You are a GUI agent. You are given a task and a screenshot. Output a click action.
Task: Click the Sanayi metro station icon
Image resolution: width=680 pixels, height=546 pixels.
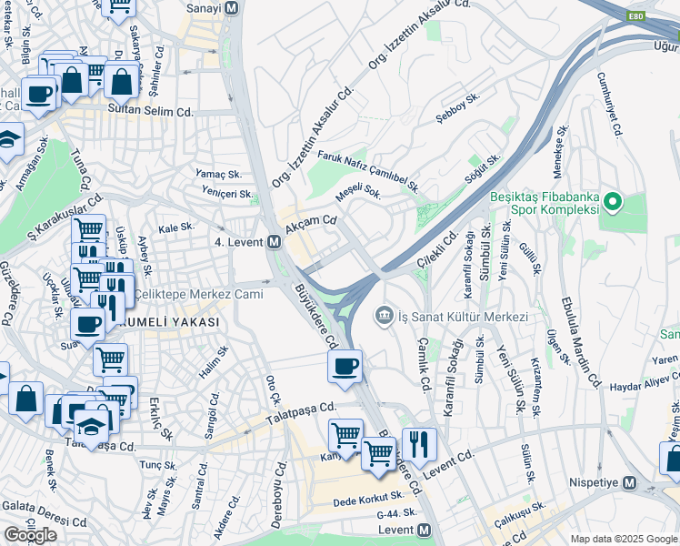232,8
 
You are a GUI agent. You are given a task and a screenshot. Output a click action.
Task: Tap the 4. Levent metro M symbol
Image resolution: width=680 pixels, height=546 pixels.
274,242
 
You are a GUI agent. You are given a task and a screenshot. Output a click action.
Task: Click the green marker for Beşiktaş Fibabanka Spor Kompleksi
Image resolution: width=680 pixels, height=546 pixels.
614,201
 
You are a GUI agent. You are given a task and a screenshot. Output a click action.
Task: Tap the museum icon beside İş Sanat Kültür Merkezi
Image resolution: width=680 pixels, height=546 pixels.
384,316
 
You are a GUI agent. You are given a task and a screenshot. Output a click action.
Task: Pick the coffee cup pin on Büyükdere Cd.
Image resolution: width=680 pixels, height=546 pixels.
345,367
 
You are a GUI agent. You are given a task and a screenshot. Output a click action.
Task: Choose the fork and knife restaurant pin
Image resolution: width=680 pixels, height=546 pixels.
419,444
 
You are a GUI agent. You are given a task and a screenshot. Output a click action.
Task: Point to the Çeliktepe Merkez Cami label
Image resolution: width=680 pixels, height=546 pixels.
198,294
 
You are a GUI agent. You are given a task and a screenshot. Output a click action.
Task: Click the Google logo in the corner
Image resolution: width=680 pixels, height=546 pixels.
31,535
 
